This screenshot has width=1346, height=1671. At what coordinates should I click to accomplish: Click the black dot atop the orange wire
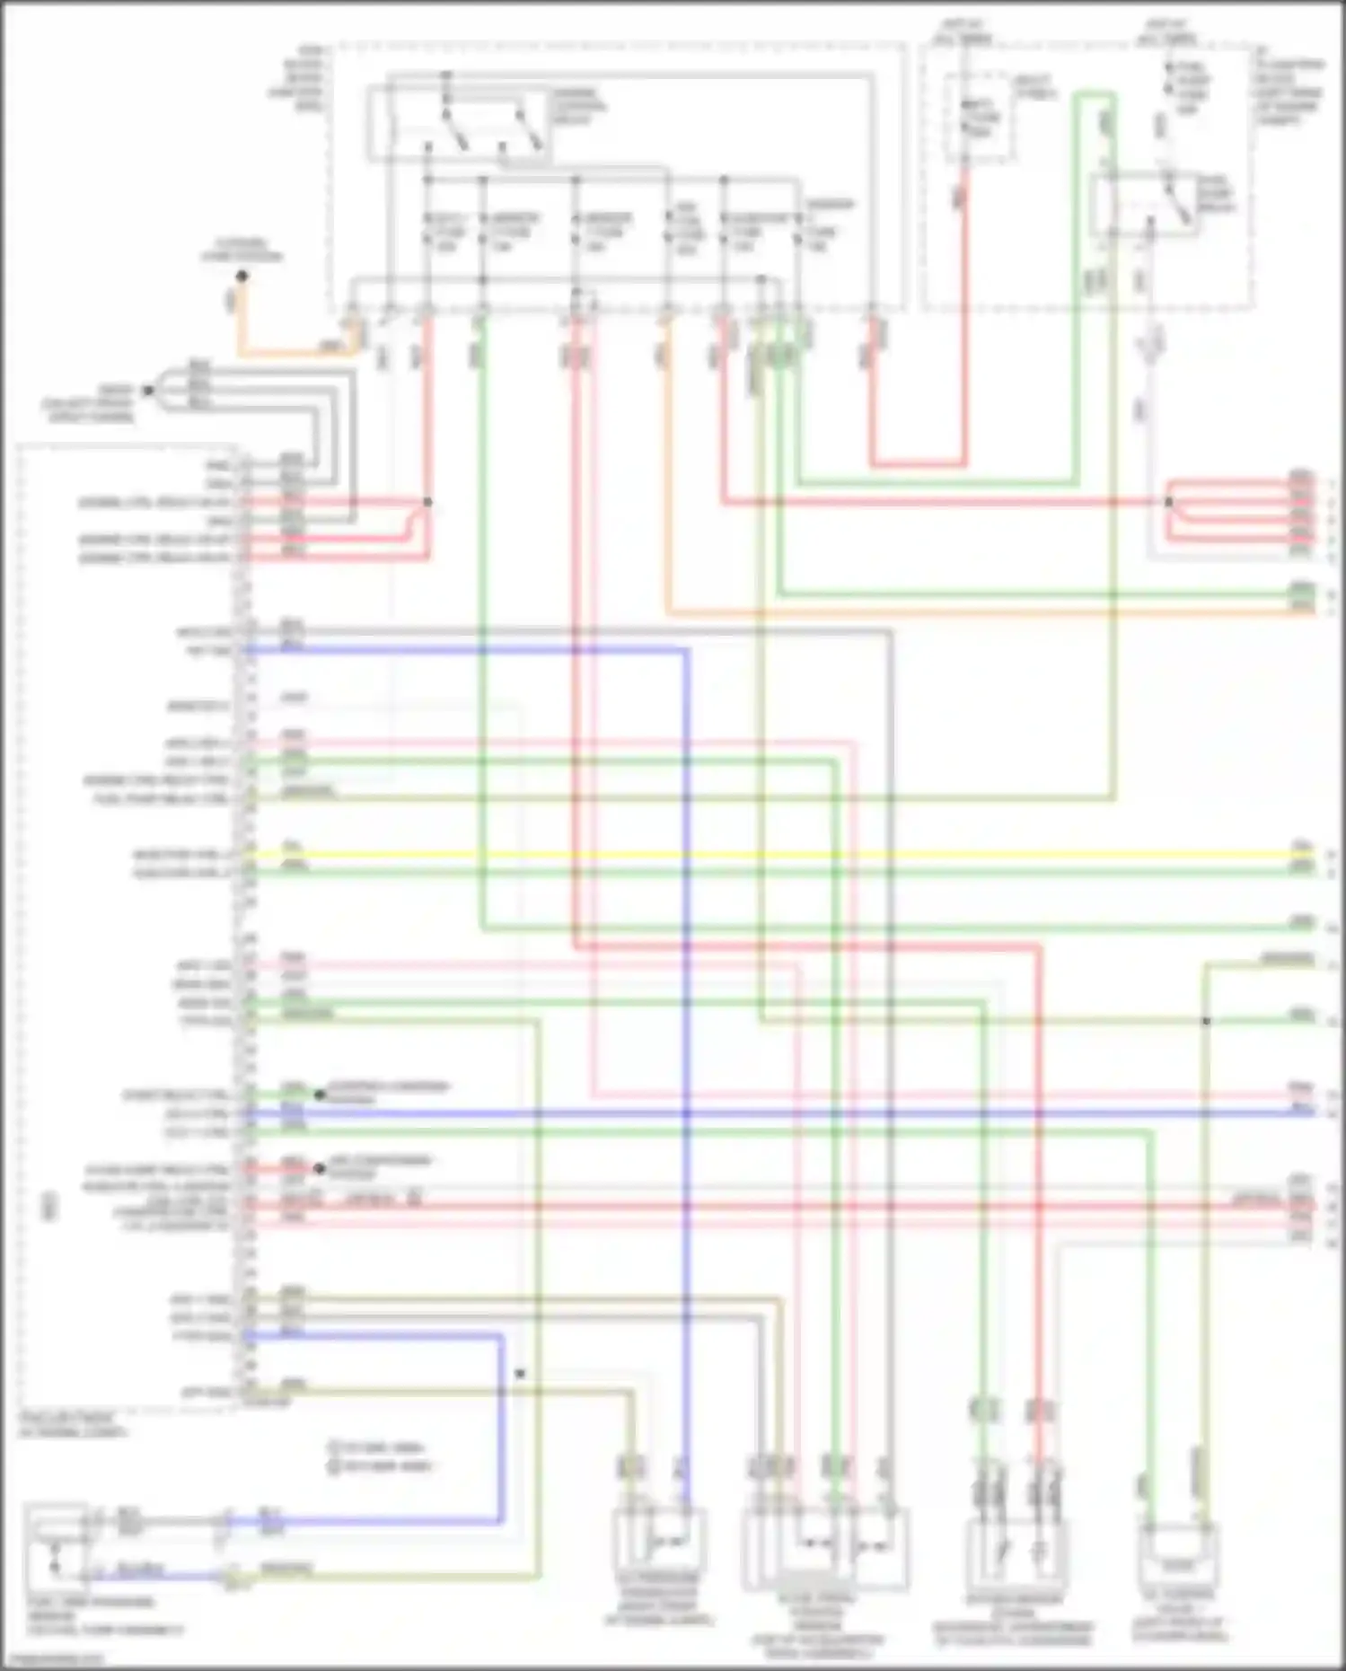242,277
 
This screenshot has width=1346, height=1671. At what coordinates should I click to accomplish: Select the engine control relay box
460,124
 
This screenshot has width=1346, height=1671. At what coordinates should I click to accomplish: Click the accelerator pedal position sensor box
824,1546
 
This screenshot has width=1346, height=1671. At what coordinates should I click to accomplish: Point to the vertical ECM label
50,1208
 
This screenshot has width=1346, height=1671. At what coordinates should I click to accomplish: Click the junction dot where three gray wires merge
149,391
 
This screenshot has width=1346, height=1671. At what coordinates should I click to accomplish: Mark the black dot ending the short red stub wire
319,1169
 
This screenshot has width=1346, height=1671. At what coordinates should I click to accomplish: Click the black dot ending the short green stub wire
319,1095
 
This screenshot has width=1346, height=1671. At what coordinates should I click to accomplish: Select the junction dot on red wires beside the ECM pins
427,502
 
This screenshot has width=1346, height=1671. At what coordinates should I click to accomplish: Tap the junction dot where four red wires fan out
1169,502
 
